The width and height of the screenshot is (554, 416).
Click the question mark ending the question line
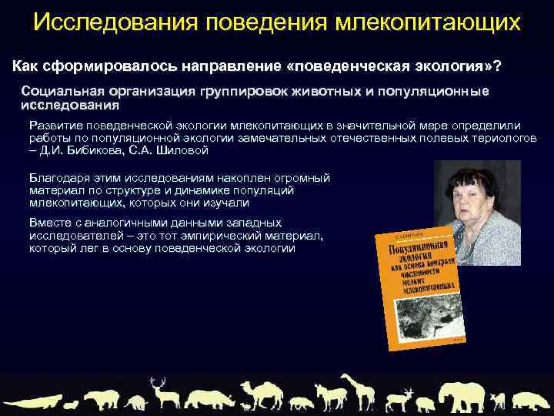pyautogui.click(x=499, y=66)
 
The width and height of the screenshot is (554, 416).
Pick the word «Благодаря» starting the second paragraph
pyautogui.click(x=56, y=178)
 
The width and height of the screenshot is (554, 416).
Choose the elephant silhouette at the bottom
pyautogui.click(x=456, y=395)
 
